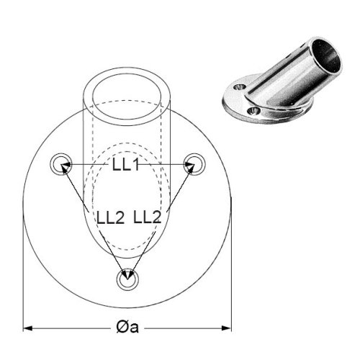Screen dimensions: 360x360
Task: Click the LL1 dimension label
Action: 125,165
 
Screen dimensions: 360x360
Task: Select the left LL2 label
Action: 110,217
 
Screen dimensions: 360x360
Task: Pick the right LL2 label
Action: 147,217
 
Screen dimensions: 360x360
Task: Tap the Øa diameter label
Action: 127,327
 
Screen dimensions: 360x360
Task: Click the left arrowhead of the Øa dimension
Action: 27,328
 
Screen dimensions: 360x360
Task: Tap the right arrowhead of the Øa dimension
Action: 226,328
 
